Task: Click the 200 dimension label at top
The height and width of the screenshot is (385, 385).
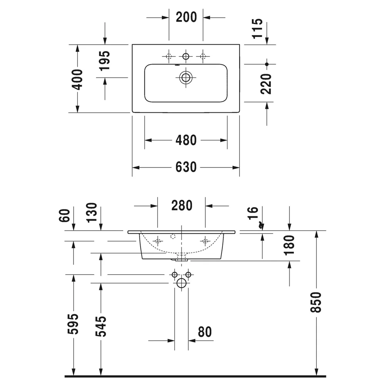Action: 186,17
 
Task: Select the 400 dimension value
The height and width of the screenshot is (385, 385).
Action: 77,79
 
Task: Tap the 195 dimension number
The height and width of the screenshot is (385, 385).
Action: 105,61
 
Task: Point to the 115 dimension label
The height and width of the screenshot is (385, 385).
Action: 257,28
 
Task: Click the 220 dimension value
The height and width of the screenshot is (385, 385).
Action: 266,84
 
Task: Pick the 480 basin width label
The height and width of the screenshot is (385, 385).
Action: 186,140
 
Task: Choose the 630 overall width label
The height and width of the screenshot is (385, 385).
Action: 186,167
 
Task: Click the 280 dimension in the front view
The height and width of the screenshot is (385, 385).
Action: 182,206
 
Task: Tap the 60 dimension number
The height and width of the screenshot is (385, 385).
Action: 65,215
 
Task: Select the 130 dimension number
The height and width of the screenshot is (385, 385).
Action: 92,213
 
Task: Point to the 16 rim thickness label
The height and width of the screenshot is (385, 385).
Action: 253,213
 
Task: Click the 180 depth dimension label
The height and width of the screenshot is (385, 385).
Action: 289,245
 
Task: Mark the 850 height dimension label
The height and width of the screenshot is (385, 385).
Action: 316,302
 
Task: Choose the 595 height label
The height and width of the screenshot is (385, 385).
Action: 73,324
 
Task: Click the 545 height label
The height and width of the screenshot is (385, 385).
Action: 100,326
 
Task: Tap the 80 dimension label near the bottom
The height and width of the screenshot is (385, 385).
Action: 205,332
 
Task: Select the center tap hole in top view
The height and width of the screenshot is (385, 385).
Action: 186,56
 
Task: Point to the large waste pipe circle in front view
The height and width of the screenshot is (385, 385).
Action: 181,283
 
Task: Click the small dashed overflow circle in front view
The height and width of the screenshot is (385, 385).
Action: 173,236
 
